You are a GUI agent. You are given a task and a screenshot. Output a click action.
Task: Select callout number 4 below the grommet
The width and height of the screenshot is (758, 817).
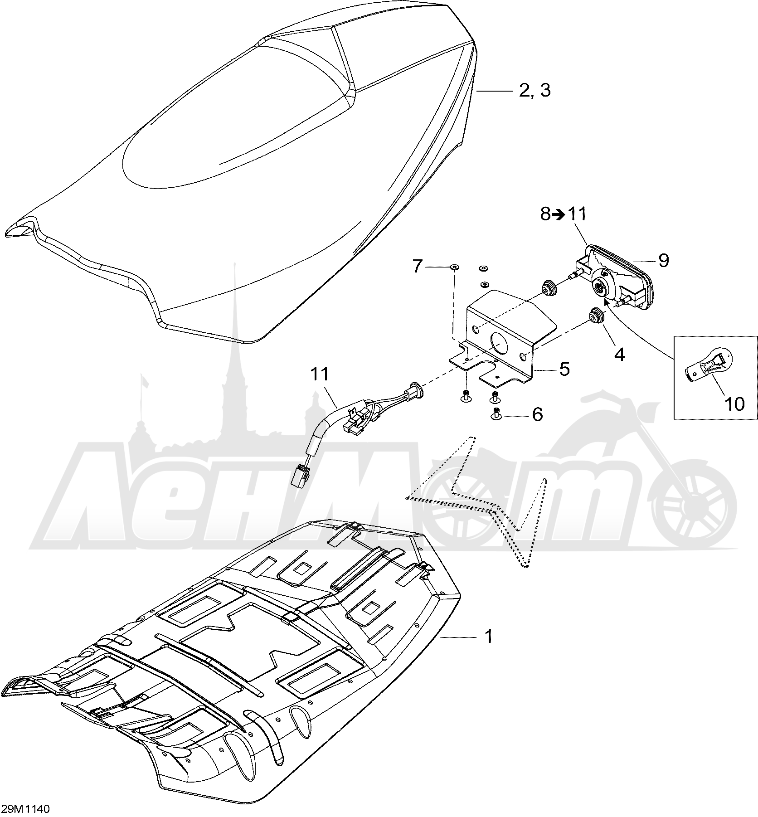619,354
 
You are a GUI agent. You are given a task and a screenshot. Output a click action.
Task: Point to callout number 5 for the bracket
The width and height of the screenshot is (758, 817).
564,369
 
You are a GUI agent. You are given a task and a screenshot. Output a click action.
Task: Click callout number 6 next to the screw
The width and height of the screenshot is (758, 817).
537,414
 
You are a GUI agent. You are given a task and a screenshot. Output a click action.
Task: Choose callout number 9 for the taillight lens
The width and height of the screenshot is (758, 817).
663,260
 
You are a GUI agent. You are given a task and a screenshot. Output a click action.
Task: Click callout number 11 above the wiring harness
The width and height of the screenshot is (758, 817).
332,374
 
